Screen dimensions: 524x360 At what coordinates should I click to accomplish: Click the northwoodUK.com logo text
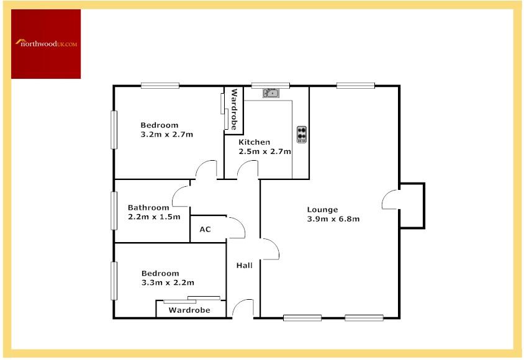[x=46, y=43]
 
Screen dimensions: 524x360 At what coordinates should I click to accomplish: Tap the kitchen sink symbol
[x=271, y=93]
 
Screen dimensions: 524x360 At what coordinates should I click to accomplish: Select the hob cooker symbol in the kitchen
[x=302, y=134]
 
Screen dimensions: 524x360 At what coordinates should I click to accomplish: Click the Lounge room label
[x=322, y=210]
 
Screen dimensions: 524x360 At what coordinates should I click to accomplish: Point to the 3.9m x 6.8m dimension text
[x=333, y=219]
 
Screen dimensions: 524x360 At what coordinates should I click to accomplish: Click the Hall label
[x=244, y=266]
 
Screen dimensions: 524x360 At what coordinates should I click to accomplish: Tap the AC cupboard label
[x=205, y=230]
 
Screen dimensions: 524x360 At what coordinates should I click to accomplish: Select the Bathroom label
[x=148, y=207]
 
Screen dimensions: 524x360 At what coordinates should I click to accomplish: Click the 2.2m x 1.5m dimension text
[x=154, y=217]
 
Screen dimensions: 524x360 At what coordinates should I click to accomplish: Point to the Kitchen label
[x=255, y=142]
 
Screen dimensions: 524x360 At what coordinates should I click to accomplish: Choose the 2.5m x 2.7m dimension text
[x=264, y=151]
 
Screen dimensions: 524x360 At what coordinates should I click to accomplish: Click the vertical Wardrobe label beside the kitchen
[x=234, y=109]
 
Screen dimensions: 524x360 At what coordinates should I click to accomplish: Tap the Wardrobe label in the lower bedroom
[x=189, y=310]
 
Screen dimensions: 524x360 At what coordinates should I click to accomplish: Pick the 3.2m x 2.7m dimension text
[x=167, y=135]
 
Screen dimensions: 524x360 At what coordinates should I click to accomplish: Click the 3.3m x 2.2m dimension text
[x=168, y=282]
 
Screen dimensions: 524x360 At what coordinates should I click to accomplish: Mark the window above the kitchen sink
[x=271, y=86]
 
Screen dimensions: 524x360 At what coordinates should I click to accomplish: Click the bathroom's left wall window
[x=114, y=210]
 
